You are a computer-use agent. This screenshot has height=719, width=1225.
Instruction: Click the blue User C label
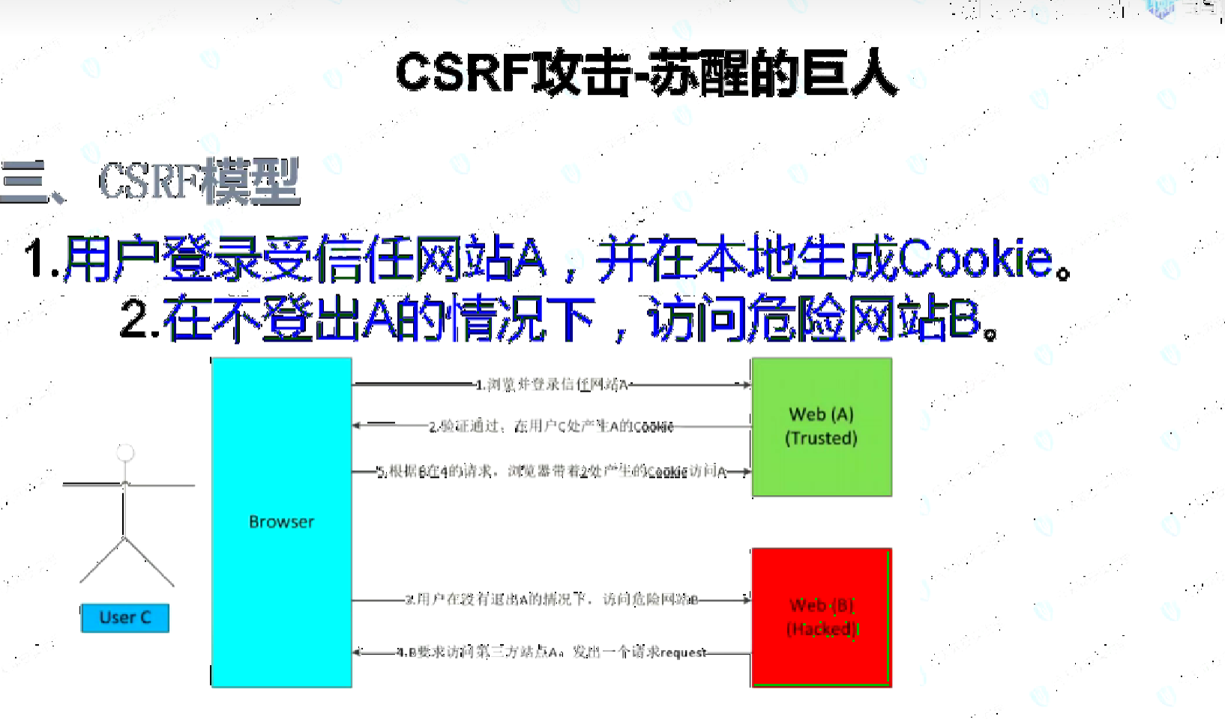click(125, 618)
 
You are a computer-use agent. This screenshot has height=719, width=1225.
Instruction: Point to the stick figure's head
click(125, 452)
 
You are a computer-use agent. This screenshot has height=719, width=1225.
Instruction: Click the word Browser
click(281, 522)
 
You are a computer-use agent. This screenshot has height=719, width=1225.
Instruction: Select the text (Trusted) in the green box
click(821, 438)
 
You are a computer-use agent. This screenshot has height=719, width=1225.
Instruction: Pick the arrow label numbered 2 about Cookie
click(551, 427)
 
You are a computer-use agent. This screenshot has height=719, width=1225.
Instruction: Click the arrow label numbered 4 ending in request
click(553, 652)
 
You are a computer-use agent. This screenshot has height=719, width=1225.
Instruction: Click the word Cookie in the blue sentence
click(975, 259)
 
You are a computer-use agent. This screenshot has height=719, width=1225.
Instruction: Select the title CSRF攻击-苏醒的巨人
click(645, 73)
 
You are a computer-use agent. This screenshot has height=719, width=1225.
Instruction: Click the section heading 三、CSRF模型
click(150, 182)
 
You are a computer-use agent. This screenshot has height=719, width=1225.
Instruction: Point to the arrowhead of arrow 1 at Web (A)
click(746, 385)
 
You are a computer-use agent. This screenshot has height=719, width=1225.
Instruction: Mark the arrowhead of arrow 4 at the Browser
click(358, 652)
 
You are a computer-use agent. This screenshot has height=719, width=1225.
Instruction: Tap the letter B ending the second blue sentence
click(966, 319)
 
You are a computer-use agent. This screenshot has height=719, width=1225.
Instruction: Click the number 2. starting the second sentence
click(139, 319)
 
